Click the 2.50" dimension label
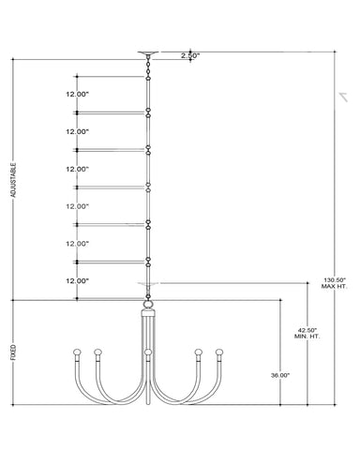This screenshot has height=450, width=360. (x=190, y=55)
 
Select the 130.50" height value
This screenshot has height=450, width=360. (x=335, y=280)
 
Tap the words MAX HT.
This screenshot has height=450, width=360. (x=335, y=286)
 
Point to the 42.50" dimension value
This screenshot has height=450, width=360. (x=307, y=330)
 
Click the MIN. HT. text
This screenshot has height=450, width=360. (x=307, y=337)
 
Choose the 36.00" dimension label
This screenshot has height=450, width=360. (x=280, y=375)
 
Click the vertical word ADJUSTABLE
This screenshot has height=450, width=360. (x=13, y=180)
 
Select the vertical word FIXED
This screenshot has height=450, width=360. (x=13, y=352)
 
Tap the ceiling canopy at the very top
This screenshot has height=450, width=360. (x=148, y=53)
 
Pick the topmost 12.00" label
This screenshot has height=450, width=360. (x=77, y=94)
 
